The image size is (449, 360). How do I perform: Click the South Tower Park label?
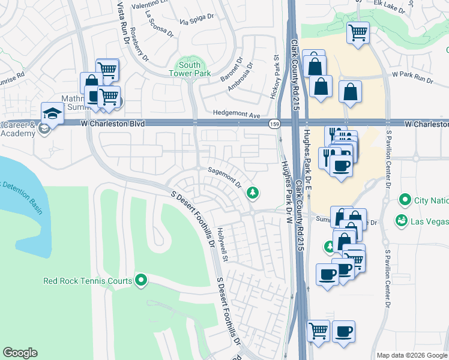[x=190, y=69]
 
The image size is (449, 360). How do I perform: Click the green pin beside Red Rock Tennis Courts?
[x=141, y=280]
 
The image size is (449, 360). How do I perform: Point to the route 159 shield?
[x=274, y=124]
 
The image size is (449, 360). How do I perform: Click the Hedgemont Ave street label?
[x=237, y=114]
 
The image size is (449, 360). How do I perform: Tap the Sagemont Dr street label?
[x=224, y=173]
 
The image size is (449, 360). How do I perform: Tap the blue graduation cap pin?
[x=52, y=112]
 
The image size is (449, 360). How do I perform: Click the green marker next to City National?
[x=405, y=200]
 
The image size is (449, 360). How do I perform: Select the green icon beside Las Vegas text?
[x=400, y=221]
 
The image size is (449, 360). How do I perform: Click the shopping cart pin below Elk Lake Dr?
[x=358, y=32]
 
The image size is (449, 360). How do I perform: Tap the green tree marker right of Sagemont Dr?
[x=253, y=192]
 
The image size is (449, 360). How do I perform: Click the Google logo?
[x=20, y=353]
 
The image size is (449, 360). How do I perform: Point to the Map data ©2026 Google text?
[x=411, y=355]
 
